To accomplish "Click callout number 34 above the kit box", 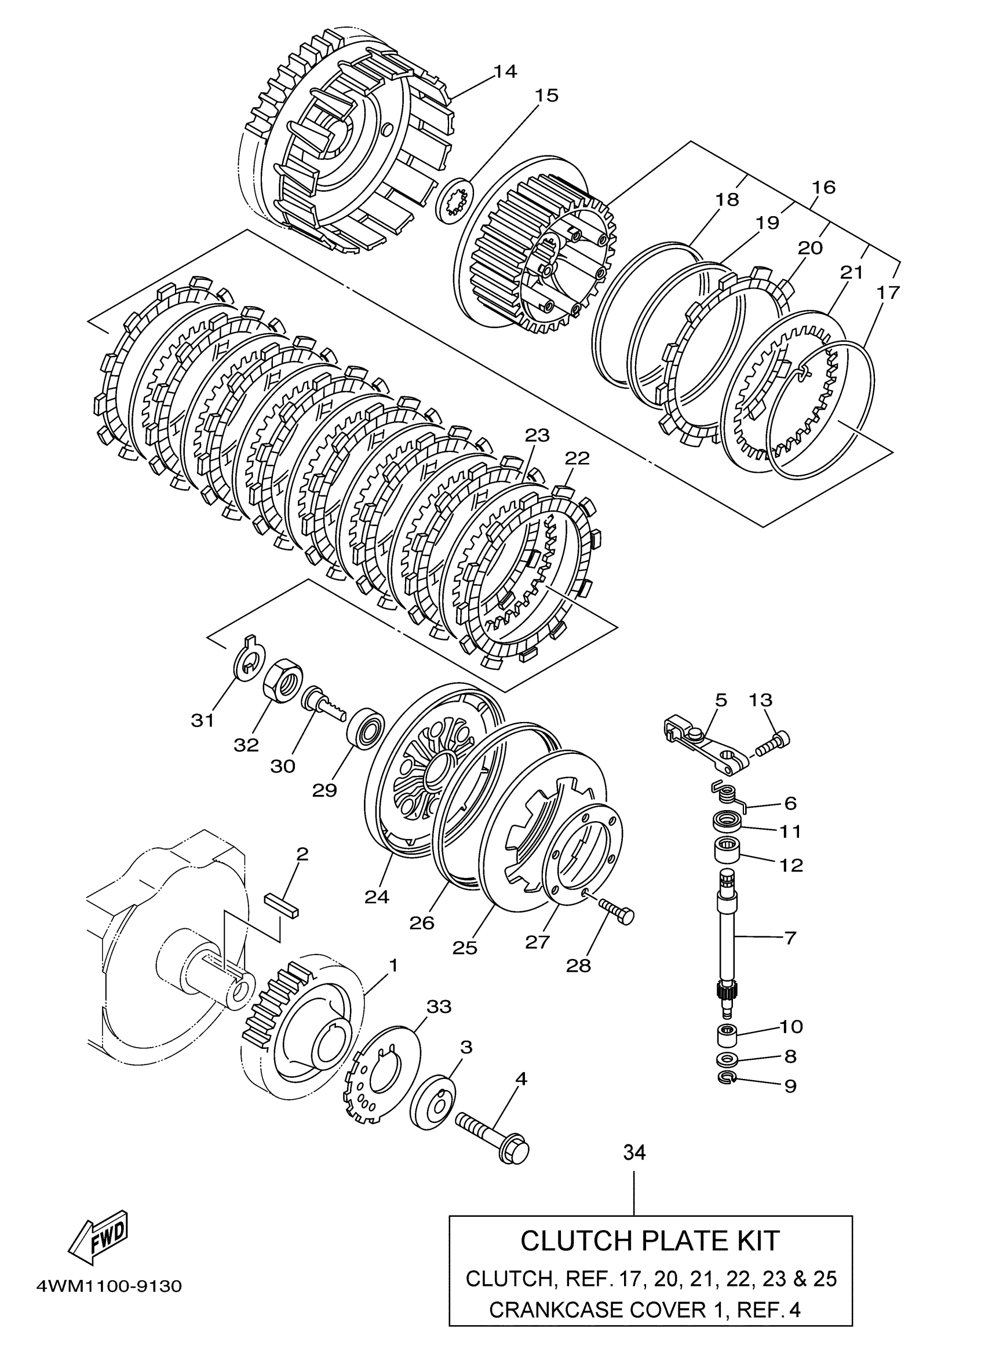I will coord(634,1152).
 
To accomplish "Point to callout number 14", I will coord(505,71).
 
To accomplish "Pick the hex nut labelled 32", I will coord(283,678).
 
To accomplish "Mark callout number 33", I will coord(438,1006).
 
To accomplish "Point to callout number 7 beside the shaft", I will coord(790,938).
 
